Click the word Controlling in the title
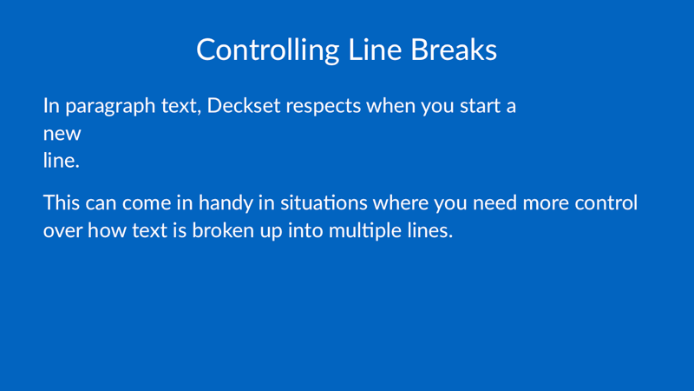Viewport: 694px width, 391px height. coord(268,50)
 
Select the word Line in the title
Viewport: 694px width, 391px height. coord(375,50)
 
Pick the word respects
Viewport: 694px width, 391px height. coord(324,107)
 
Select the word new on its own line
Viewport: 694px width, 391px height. coord(62,134)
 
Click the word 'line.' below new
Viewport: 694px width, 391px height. coord(61,160)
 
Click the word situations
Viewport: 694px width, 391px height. coord(324,202)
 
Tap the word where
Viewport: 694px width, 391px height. coord(401,202)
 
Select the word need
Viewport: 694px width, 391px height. coord(494,202)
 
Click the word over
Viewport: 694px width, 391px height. coord(62,231)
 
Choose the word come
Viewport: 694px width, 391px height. coord(147,204)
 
